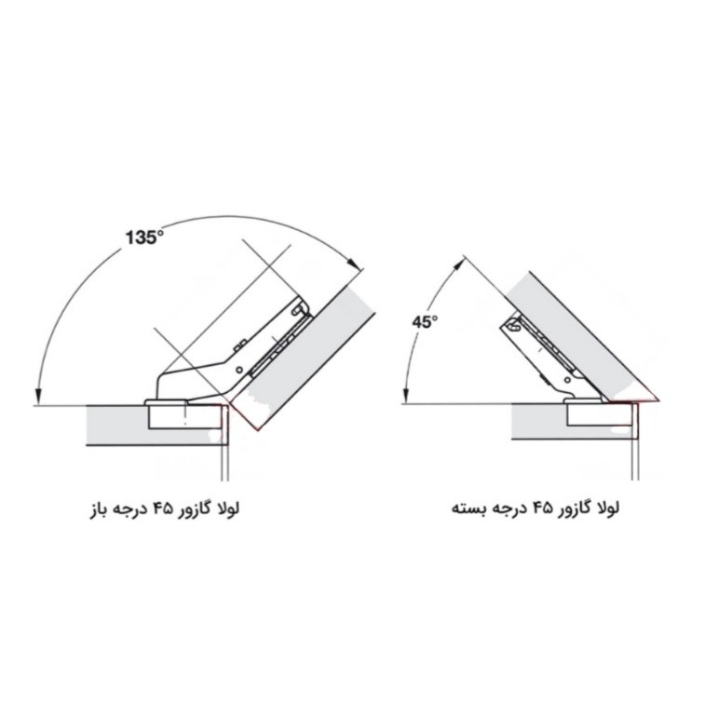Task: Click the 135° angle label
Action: pos(144,237)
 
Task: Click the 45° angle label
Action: pos(425,322)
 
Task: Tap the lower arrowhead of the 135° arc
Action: pos(39,396)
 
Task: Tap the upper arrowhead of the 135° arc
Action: pos(355,263)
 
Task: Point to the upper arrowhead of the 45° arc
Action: pos(457,264)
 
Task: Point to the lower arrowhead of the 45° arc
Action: pos(406,395)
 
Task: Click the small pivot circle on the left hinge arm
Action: pos(239,370)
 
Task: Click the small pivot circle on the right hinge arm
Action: pos(566,380)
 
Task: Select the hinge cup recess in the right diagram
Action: pos(601,414)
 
